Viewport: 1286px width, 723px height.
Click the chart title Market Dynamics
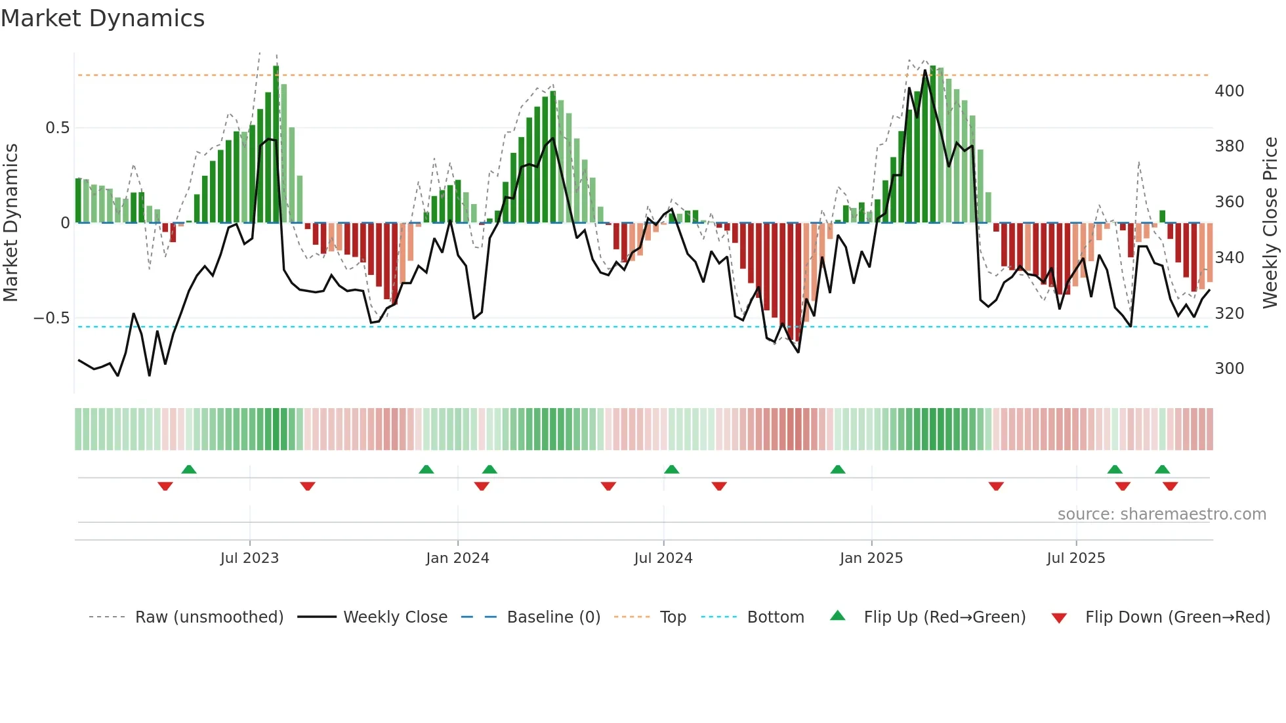[102, 18]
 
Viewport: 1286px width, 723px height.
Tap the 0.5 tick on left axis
[57, 128]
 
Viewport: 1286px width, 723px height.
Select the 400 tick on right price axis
[1229, 91]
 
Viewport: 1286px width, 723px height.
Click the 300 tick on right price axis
[1229, 369]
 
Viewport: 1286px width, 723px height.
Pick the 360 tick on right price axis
[1229, 202]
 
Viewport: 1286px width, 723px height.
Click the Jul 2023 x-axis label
[249, 558]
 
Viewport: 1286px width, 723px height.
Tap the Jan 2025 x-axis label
[871, 558]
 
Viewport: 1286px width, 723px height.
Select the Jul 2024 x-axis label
[663, 558]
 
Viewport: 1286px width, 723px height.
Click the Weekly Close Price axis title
[1270, 223]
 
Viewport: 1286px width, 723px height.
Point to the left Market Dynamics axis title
[10, 223]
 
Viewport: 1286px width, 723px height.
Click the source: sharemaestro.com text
[1161, 514]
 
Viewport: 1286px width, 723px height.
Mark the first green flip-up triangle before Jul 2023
[189, 469]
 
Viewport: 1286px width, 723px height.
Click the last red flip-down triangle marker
[1170, 486]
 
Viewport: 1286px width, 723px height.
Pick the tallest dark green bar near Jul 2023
[276, 144]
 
